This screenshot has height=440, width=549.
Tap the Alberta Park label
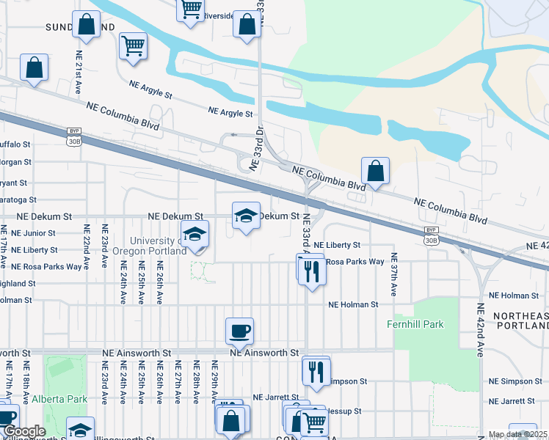(59, 400)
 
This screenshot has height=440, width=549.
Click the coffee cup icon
(239, 331)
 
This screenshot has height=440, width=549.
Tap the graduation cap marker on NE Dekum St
(247, 216)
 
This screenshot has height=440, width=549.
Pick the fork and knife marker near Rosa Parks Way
(313, 270)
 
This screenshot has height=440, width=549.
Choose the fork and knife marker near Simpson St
(316, 372)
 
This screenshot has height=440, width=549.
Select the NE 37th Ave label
(394, 274)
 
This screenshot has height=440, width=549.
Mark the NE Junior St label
(51, 233)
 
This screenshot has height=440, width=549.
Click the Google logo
(24, 431)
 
